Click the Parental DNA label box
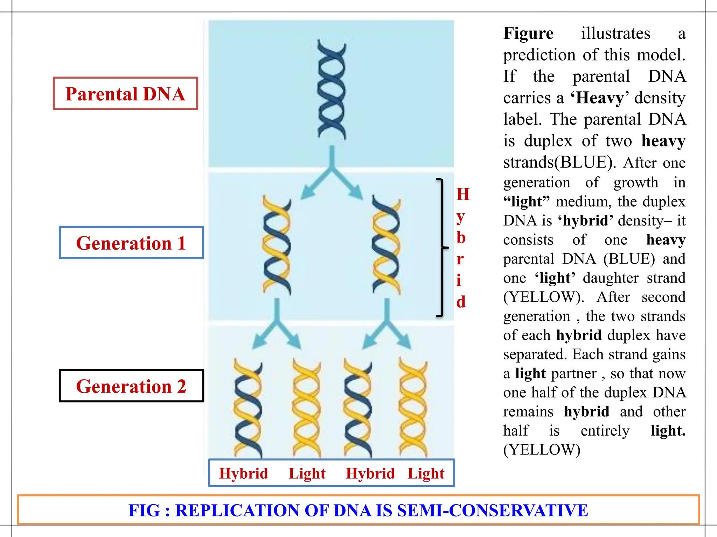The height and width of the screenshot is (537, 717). (125, 94)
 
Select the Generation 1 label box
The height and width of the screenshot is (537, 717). (131, 243)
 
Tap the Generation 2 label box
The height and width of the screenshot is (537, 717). (131, 386)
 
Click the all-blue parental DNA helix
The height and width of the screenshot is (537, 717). (331, 90)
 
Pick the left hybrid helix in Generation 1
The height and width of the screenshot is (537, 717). (277, 245)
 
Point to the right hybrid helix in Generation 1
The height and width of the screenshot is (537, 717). (386, 245)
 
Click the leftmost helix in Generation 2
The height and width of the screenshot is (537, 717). (248, 408)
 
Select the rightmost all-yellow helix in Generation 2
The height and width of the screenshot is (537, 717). (413, 408)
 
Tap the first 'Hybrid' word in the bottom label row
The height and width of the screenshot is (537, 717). (244, 473)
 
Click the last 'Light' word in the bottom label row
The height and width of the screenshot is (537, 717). (426, 473)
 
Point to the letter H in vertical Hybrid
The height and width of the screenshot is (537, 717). (463, 194)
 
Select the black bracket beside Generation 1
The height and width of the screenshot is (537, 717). (442, 248)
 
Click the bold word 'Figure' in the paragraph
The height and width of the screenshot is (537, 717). (528, 34)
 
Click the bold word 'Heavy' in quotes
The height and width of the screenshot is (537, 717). (600, 98)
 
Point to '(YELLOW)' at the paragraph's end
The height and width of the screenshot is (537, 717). (542, 450)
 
